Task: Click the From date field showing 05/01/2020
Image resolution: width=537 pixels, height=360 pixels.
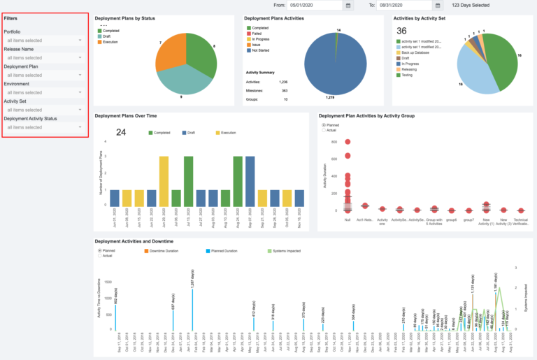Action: click(315, 5)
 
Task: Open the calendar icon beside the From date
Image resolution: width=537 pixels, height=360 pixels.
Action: click(348, 5)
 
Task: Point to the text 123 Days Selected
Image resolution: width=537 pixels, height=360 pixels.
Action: click(471, 5)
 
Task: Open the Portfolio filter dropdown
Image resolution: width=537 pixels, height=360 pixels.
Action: click(44, 40)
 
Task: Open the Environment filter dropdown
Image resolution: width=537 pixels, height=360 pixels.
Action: click(44, 92)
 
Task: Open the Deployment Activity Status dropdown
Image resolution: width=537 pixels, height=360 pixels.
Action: click(44, 127)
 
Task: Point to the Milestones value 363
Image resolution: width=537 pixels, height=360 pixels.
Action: click(284, 90)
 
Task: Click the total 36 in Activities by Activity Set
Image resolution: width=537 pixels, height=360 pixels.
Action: click(401, 31)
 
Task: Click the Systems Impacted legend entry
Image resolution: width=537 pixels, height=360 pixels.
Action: click(285, 250)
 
